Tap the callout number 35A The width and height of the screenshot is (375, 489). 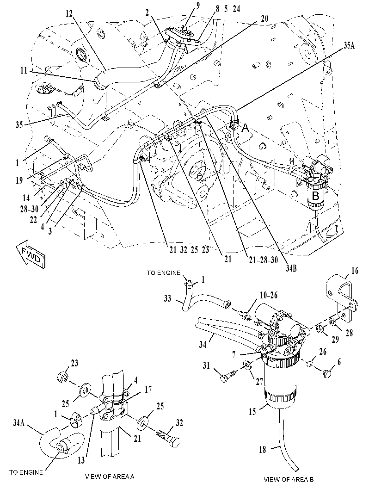349,45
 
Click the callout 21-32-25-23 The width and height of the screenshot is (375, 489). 187,250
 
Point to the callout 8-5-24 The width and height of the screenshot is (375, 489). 228,9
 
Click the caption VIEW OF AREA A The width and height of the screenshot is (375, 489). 110,477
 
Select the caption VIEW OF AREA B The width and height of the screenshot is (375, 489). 289,479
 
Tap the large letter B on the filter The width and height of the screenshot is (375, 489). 315,196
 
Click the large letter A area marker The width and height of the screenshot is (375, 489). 246,127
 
